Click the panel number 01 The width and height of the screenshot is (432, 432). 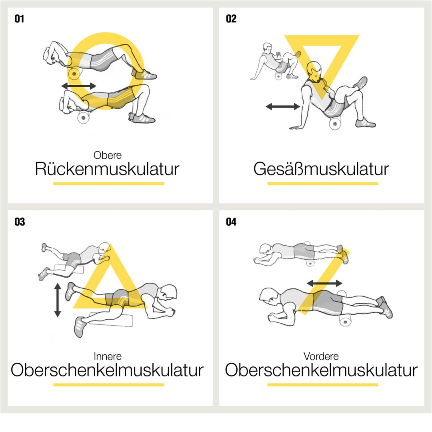pos(19,19)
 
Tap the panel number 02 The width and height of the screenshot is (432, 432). pos(231,19)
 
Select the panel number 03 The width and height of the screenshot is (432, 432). pos(20,222)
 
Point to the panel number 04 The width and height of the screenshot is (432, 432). pos(231,222)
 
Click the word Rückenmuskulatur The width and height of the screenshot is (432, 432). pos(107,169)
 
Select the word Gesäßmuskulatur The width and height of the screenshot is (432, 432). pos(321,169)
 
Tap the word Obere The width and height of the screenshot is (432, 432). pos(108,155)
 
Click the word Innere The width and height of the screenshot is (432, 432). pos(108,356)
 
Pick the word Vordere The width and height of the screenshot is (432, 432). pos(321,356)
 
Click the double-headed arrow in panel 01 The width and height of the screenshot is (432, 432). pos(79,86)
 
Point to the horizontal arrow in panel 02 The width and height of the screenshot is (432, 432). pos(283,106)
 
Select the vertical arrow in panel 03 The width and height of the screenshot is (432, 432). pos(58,300)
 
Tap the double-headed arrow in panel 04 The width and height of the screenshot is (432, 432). pos(324,283)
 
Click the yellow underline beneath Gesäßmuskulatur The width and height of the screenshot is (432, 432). pos(322,184)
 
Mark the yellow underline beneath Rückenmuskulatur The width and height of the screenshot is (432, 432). pos(108,184)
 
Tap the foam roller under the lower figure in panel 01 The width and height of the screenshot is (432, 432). pos(84,117)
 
